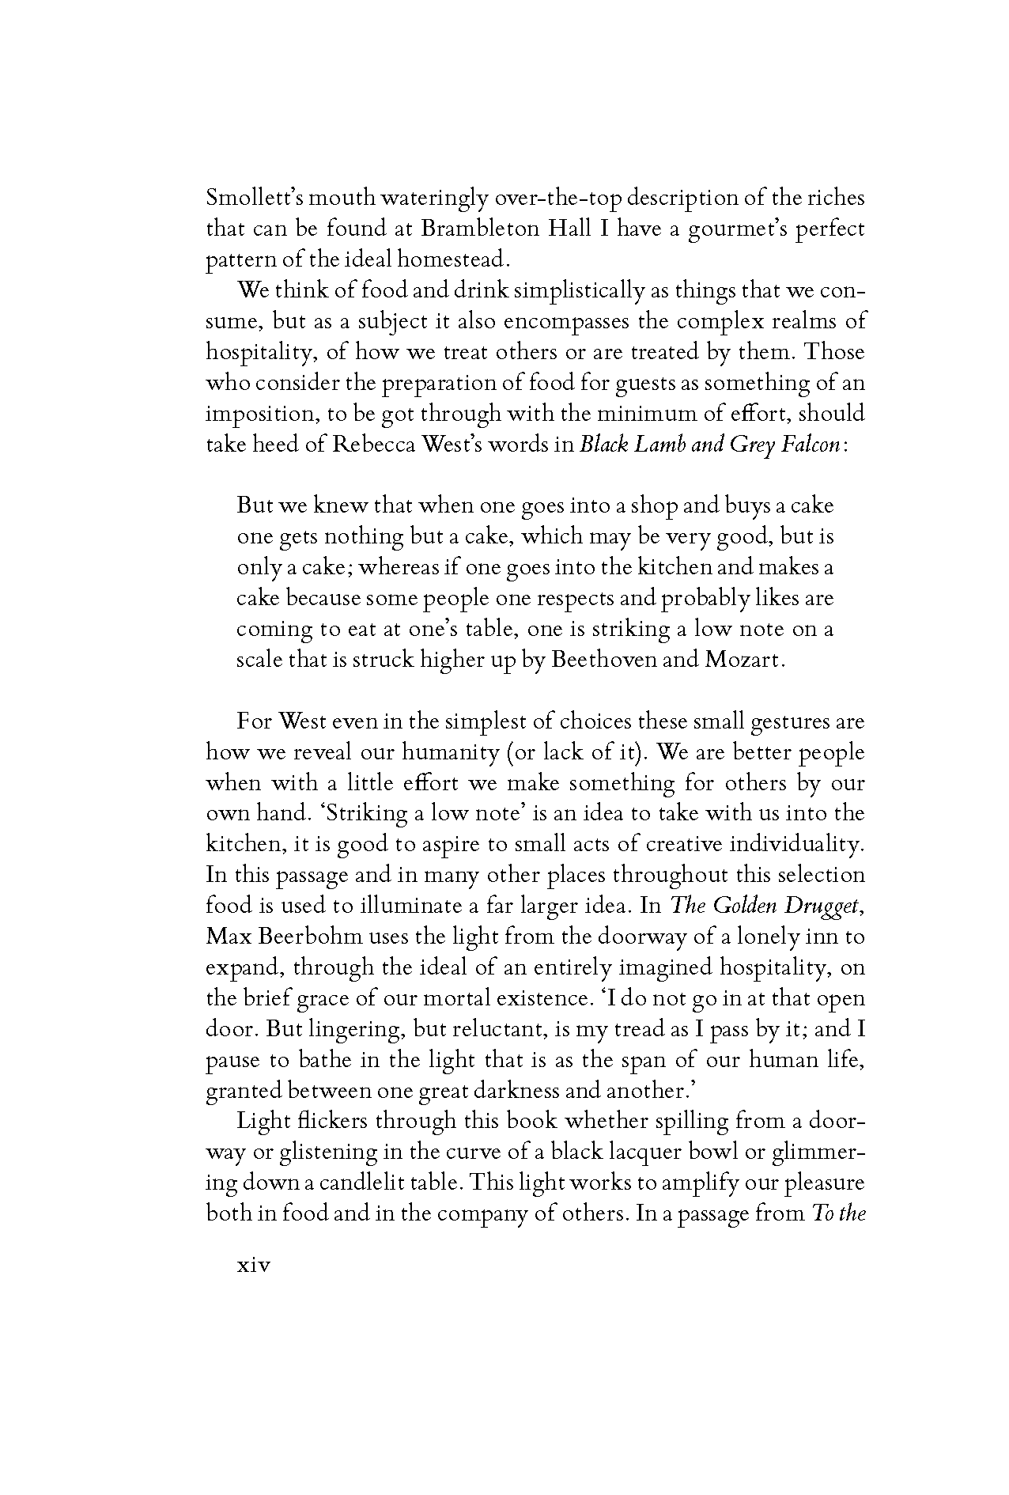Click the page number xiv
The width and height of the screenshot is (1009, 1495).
click(x=254, y=1266)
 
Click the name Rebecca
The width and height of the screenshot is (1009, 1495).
click(x=375, y=445)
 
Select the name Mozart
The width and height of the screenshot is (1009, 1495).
click(x=743, y=660)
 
